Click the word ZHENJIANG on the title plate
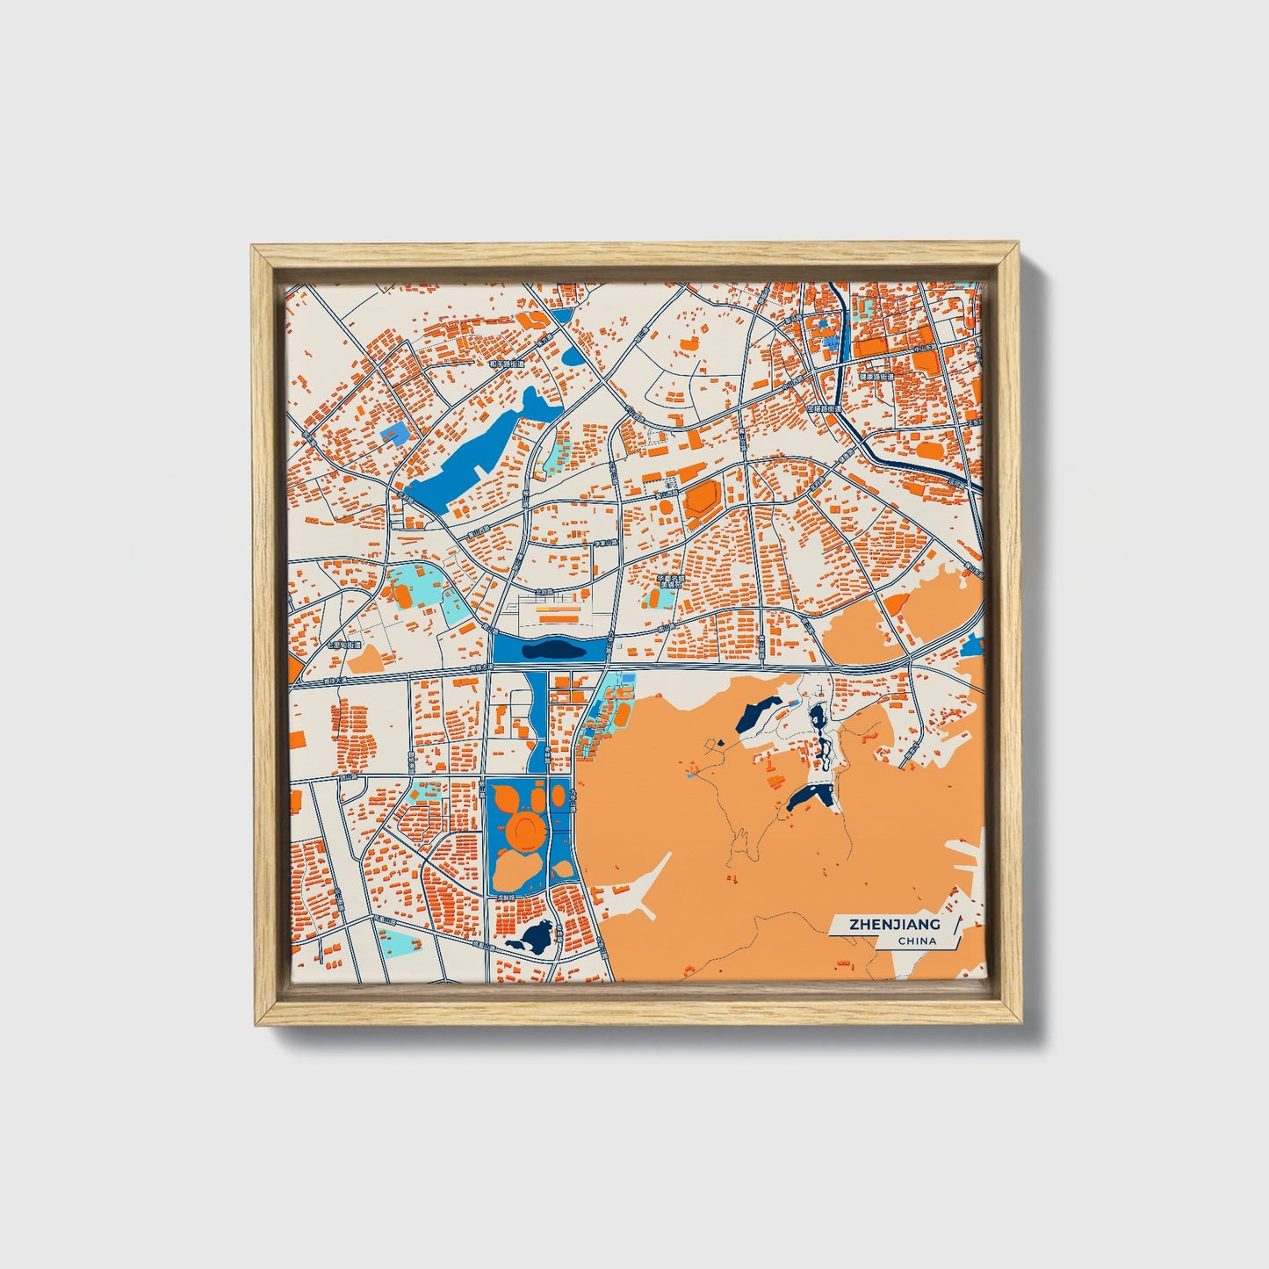point(893,925)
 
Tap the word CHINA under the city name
point(917,941)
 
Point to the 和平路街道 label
point(506,364)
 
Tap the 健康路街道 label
point(876,377)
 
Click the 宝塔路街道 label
point(824,408)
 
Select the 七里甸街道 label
point(343,645)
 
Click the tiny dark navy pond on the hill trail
point(721,742)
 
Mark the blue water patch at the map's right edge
point(971,648)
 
